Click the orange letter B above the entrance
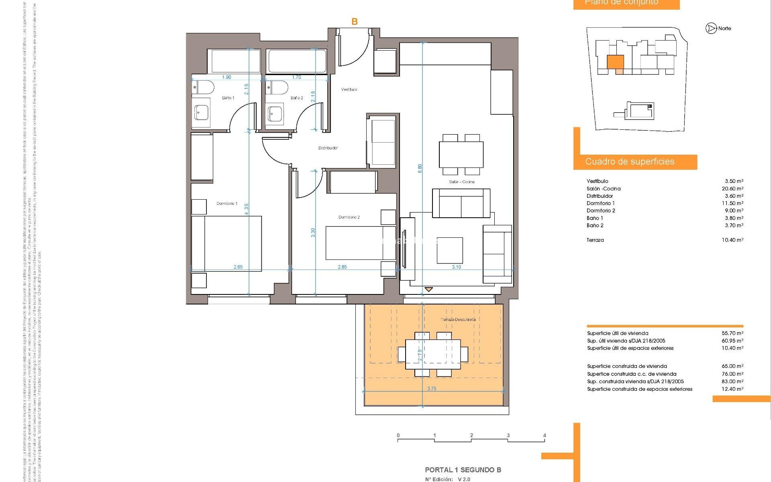(x=354, y=22)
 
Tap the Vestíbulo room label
(x=349, y=89)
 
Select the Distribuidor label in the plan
(x=328, y=148)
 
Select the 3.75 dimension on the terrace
(x=432, y=388)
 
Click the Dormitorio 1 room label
(x=227, y=203)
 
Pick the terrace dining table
(x=433, y=354)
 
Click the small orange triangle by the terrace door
(x=428, y=289)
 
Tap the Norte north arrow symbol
(x=711, y=28)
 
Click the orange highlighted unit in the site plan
(x=615, y=62)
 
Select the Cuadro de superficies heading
(x=630, y=161)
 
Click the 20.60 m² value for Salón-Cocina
(x=732, y=188)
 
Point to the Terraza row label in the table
(x=595, y=240)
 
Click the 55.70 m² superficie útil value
(x=732, y=333)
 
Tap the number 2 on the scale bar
(x=471, y=435)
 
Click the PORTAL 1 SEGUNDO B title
(x=463, y=470)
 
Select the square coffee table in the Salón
(x=450, y=250)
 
